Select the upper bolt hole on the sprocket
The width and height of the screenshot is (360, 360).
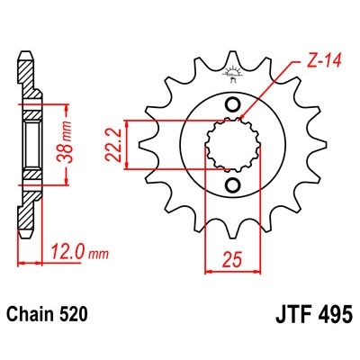(x=235, y=105)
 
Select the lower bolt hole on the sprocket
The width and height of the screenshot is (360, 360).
(x=235, y=184)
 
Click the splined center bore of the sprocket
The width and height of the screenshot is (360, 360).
(x=235, y=145)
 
